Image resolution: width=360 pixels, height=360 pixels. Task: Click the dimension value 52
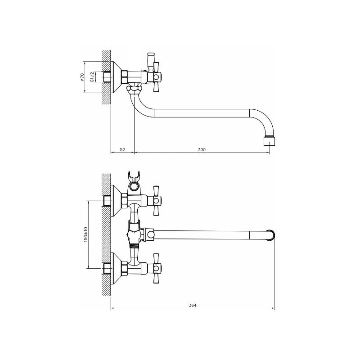pos(122,149)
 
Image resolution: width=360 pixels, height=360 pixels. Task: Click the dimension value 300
pos(202,149)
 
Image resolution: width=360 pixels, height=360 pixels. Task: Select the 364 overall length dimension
pos(193,306)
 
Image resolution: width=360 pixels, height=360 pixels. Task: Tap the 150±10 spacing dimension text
pos(85,234)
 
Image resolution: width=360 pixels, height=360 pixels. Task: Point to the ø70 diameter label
pos(82,76)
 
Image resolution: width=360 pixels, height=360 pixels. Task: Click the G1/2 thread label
pos(92,77)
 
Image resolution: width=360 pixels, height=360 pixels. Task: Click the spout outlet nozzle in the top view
pos(269,140)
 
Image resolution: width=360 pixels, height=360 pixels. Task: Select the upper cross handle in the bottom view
pos(156,201)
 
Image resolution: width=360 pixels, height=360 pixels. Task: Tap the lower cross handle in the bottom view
pos(156,268)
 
